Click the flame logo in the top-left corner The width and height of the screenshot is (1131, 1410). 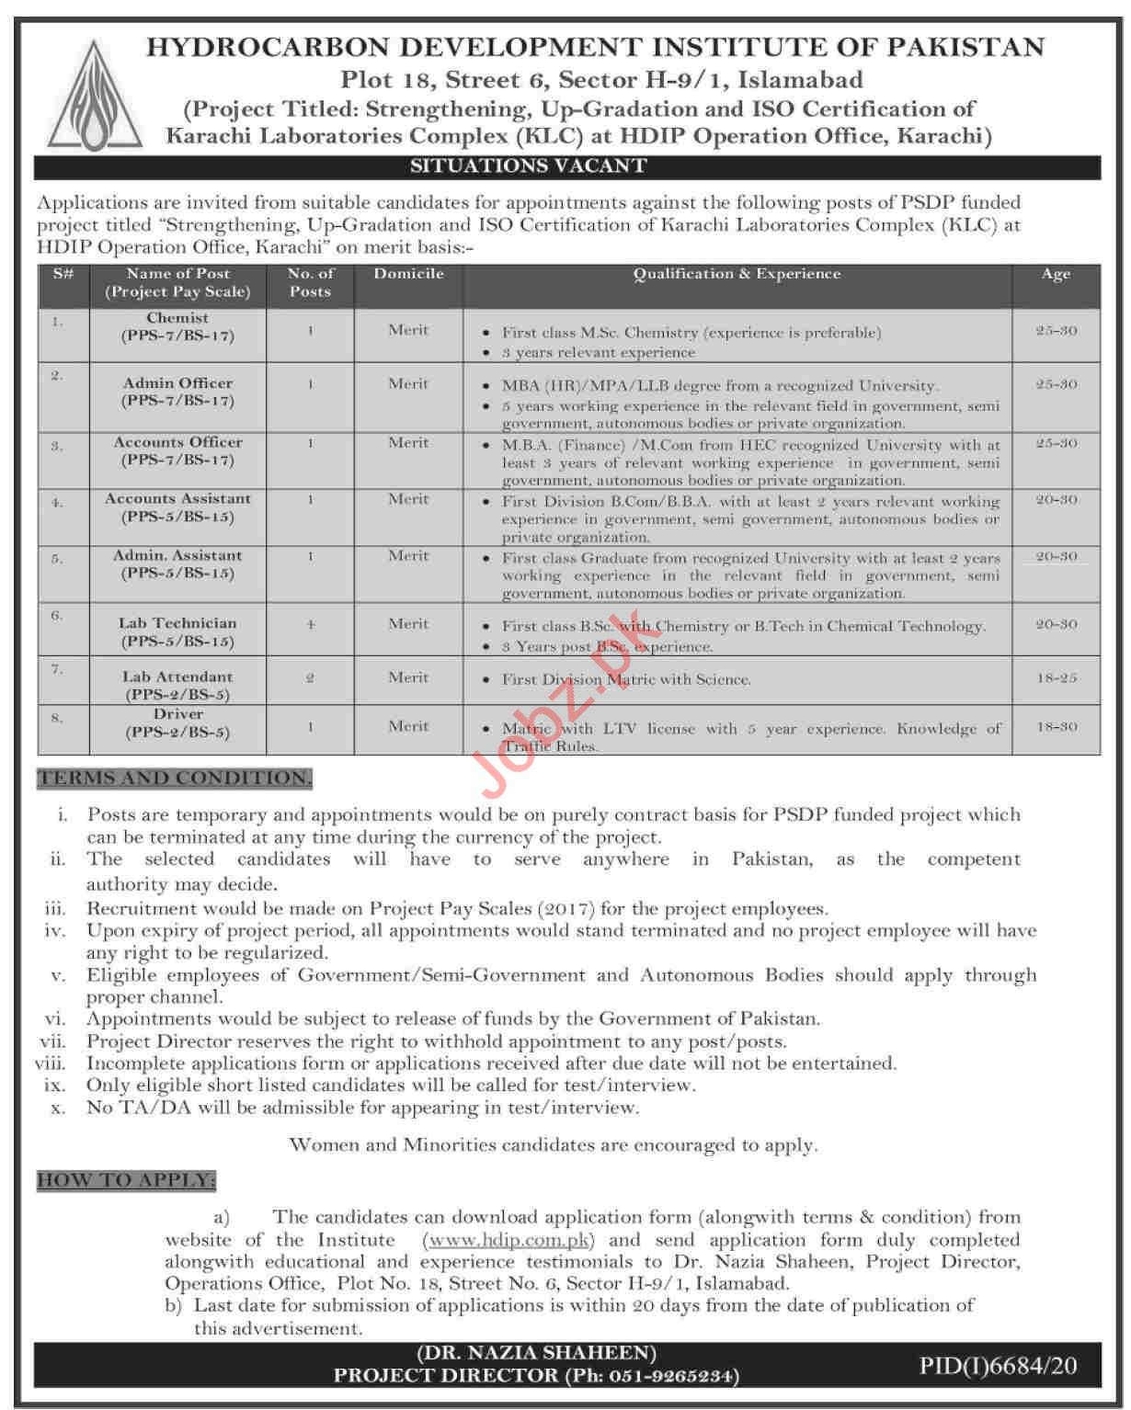[x=96, y=95]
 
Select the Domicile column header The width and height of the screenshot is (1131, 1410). [x=408, y=274]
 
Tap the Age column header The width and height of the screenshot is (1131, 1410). [x=1056, y=274]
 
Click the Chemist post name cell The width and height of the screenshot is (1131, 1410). [x=177, y=327]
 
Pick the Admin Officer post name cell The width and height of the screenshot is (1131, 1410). [x=177, y=392]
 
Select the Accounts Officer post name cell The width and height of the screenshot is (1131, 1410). [x=177, y=450]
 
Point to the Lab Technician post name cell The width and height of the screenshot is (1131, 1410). [x=177, y=631]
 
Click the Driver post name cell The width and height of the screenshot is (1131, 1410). [x=177, y=723]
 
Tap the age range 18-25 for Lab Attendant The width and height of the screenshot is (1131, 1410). [x=1056, y=678]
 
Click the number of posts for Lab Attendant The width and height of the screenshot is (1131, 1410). [x=310, y=678]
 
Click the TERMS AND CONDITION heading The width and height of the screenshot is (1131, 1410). [x=175, y=779]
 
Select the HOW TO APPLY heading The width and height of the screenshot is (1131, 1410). [x=126, y=1180]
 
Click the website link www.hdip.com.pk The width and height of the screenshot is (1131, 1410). [x=508, y=1240]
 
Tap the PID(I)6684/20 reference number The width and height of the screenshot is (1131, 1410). [x=998, y=1366]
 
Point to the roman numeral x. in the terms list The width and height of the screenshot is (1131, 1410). [x=58, y=1108]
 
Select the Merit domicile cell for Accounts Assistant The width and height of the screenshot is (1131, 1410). [x=408, y=499]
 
